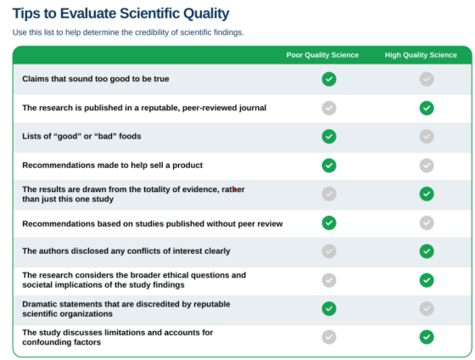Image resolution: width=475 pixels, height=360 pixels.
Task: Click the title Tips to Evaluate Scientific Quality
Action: click(x=120, y=14)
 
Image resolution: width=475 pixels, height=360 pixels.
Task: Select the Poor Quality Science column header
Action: click(x=322, y=55)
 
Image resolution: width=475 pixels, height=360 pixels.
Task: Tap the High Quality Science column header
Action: click(x=421, y=55)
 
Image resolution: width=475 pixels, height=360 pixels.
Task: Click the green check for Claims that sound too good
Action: click(x=329, y=79)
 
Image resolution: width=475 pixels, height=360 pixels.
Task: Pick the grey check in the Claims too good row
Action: click(x=427, y=79)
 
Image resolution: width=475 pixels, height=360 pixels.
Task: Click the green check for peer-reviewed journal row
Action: click(x=427, y=108)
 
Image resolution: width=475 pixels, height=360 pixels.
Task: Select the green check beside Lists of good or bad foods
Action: click(x=329, y=137)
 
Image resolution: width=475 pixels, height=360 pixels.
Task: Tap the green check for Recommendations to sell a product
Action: click(x=329, y=166)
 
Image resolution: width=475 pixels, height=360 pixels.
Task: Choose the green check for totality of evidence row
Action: click(x=427, y=194)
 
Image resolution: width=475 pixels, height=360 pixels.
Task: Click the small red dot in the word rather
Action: click(x=234, y=190)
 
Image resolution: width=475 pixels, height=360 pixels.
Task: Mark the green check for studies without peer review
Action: click(x=329, y=223)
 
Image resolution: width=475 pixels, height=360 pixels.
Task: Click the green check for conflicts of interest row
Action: click(x=427, y=251)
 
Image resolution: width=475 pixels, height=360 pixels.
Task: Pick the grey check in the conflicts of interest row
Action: click(x=329, y=251)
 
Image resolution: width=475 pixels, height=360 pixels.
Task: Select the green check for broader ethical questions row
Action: click(x=427, y=280)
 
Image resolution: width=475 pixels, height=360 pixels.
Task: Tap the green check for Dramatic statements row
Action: click(x=329, y=308)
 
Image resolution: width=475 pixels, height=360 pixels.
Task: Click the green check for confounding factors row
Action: click(x=427, y=337)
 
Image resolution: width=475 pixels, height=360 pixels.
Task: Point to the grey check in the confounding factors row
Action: click(x=329, y=337)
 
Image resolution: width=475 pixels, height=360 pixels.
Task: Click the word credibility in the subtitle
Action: click(x=152, y=32)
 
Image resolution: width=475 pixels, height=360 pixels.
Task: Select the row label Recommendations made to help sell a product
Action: click(x=112, y=166)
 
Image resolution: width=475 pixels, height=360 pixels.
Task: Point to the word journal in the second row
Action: click(x=253, y=108)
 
